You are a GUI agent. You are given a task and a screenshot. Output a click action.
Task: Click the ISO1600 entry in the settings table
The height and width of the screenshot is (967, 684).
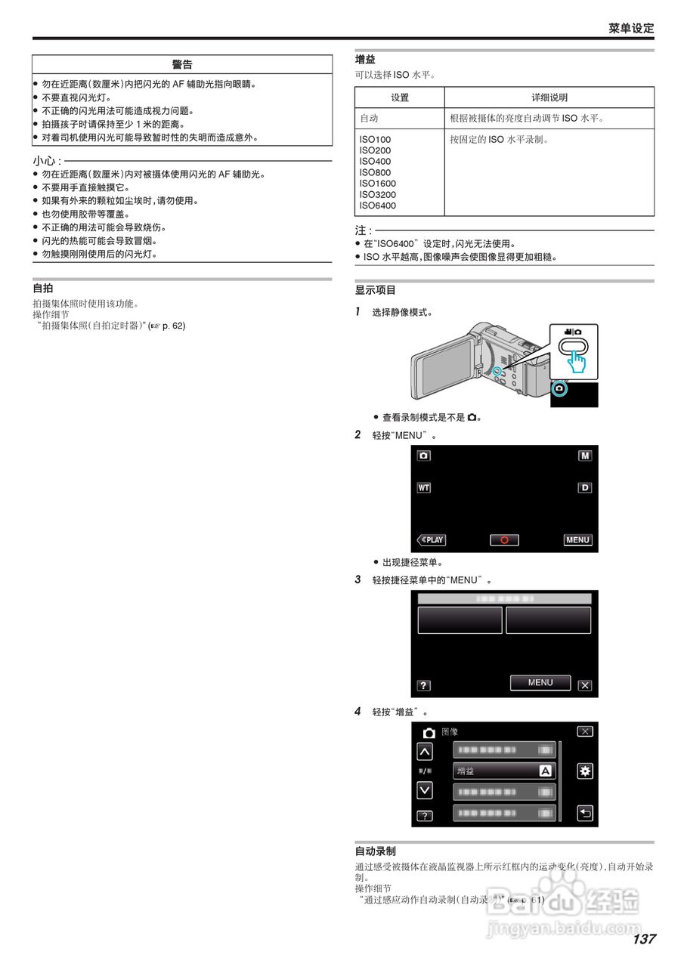pos(377,184)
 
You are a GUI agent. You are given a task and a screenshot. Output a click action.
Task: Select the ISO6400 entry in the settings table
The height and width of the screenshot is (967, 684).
pos(377,205)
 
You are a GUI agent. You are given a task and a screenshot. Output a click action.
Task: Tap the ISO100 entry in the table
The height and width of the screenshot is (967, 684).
pos(375,140)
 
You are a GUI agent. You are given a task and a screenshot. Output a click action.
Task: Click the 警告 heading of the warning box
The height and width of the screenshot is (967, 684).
pos(182,64)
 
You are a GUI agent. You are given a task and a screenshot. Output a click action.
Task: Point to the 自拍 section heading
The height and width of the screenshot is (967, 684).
pos(43,289)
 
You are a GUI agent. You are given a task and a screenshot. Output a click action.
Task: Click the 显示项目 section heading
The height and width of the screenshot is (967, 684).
pos(376,290)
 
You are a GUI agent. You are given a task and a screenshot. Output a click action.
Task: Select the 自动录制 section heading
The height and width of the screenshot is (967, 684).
pos(376,851)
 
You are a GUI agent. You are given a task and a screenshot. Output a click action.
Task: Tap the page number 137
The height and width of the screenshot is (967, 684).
pos(644,939)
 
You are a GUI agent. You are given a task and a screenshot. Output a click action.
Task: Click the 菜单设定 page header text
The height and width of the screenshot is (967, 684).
pos(631,28)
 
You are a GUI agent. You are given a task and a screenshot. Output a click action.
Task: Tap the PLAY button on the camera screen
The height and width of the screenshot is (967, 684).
pos(432,540)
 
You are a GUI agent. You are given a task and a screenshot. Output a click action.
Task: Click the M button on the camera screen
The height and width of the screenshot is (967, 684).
pos(585,456)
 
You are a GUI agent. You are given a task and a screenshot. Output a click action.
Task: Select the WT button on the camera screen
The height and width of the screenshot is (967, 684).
pos(424,488)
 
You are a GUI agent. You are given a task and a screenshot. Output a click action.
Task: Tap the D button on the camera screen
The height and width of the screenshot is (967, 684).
pos(585,488)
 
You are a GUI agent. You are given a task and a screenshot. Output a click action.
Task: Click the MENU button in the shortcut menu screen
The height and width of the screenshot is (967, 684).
pos(540,682)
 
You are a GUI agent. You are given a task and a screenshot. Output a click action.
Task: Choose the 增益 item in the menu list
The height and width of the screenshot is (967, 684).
pos(504,771)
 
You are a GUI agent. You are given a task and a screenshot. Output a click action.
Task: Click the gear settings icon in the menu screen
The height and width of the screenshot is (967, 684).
pos(585,771)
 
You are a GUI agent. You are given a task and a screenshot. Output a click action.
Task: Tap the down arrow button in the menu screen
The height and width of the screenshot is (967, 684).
pos(425,790)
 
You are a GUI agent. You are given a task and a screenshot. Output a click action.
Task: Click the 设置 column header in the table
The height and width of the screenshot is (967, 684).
pos(400,97)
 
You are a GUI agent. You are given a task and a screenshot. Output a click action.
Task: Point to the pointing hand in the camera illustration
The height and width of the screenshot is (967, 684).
pos(578,361)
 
